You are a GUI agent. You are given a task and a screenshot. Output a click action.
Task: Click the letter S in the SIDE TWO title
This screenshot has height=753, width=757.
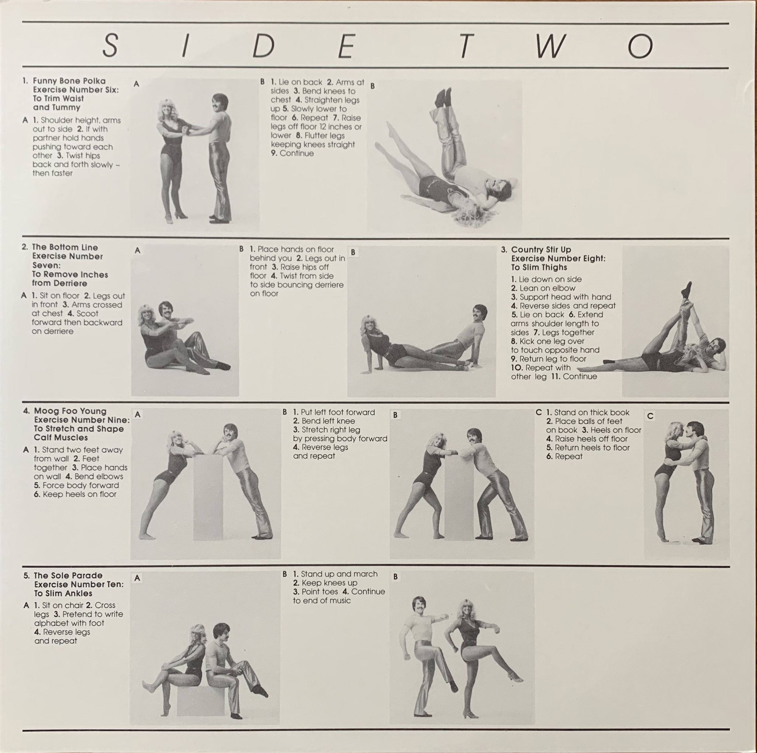[x=110, y=46]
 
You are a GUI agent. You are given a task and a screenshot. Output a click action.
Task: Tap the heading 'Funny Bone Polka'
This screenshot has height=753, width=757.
[x=69, y=81]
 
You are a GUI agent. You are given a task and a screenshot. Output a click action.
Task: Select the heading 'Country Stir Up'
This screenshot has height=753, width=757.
[x=541, y=249]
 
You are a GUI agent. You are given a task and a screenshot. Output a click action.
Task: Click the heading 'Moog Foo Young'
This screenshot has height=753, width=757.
[x=70, y=411]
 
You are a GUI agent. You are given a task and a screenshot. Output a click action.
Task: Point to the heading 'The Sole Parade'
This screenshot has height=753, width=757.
[x=68, y=575]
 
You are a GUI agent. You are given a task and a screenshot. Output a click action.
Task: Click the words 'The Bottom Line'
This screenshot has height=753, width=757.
[x=65, y=247]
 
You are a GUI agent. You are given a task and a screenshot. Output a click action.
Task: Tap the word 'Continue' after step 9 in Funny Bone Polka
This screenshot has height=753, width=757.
[x=297, y=153]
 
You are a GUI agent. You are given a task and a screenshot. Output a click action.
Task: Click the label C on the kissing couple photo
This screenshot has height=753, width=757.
[x=651, y=416]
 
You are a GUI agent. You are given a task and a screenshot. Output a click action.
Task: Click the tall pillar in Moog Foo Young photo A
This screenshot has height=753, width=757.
[x=208, y=497]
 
